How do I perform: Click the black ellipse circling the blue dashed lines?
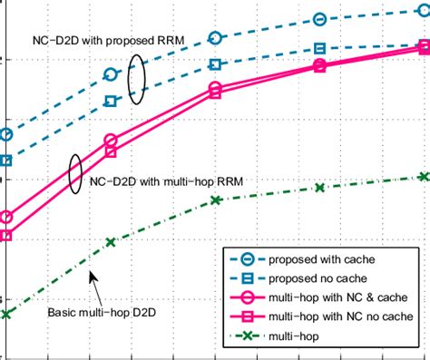[x=137, y=78]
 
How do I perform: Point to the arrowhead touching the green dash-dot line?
[x=91, y=273]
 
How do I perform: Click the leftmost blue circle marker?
[x=6, y=135]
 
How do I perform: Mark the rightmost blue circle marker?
[x=423, y=12]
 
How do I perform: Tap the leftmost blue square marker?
[x=6, y=161]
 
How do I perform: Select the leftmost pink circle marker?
[x=6, y=218]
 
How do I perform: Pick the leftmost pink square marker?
[x=6, y=236]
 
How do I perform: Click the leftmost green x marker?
[x=6, y=314]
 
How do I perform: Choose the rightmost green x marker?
[x=423, y=176]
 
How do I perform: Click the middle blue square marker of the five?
[x=215, y=64]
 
